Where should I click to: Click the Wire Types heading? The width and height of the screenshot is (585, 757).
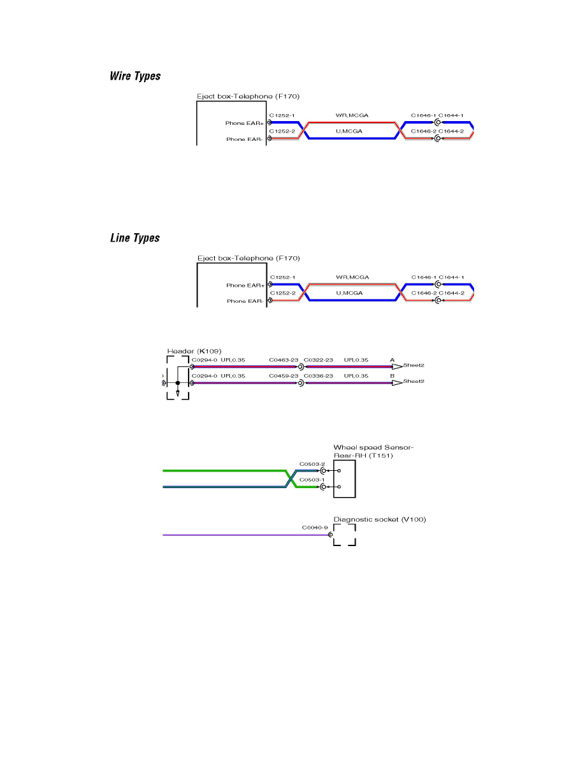pos(135,76)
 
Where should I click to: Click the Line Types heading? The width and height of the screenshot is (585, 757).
pos(134,238)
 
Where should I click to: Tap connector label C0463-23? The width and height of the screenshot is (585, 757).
pos(284,360)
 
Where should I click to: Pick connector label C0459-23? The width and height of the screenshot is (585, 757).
pos(284,376)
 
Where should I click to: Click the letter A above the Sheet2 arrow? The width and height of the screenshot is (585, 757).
pos(393,360)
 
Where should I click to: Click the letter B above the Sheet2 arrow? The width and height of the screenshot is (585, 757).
pos(393,376)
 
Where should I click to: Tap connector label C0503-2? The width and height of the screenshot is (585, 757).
pos(312,464)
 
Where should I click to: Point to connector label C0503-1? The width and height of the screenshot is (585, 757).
pos(312,480)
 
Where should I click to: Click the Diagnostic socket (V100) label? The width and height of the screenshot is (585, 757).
pos(380,519)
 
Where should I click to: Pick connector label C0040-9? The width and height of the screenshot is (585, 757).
pos(315,528)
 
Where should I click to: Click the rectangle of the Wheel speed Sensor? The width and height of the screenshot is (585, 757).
pos(345,478)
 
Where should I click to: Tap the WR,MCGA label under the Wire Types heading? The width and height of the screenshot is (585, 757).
pos(352,115)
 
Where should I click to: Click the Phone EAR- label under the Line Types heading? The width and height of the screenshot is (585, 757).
pos(245,301)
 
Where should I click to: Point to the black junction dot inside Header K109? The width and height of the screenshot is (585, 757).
pos(177,383)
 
